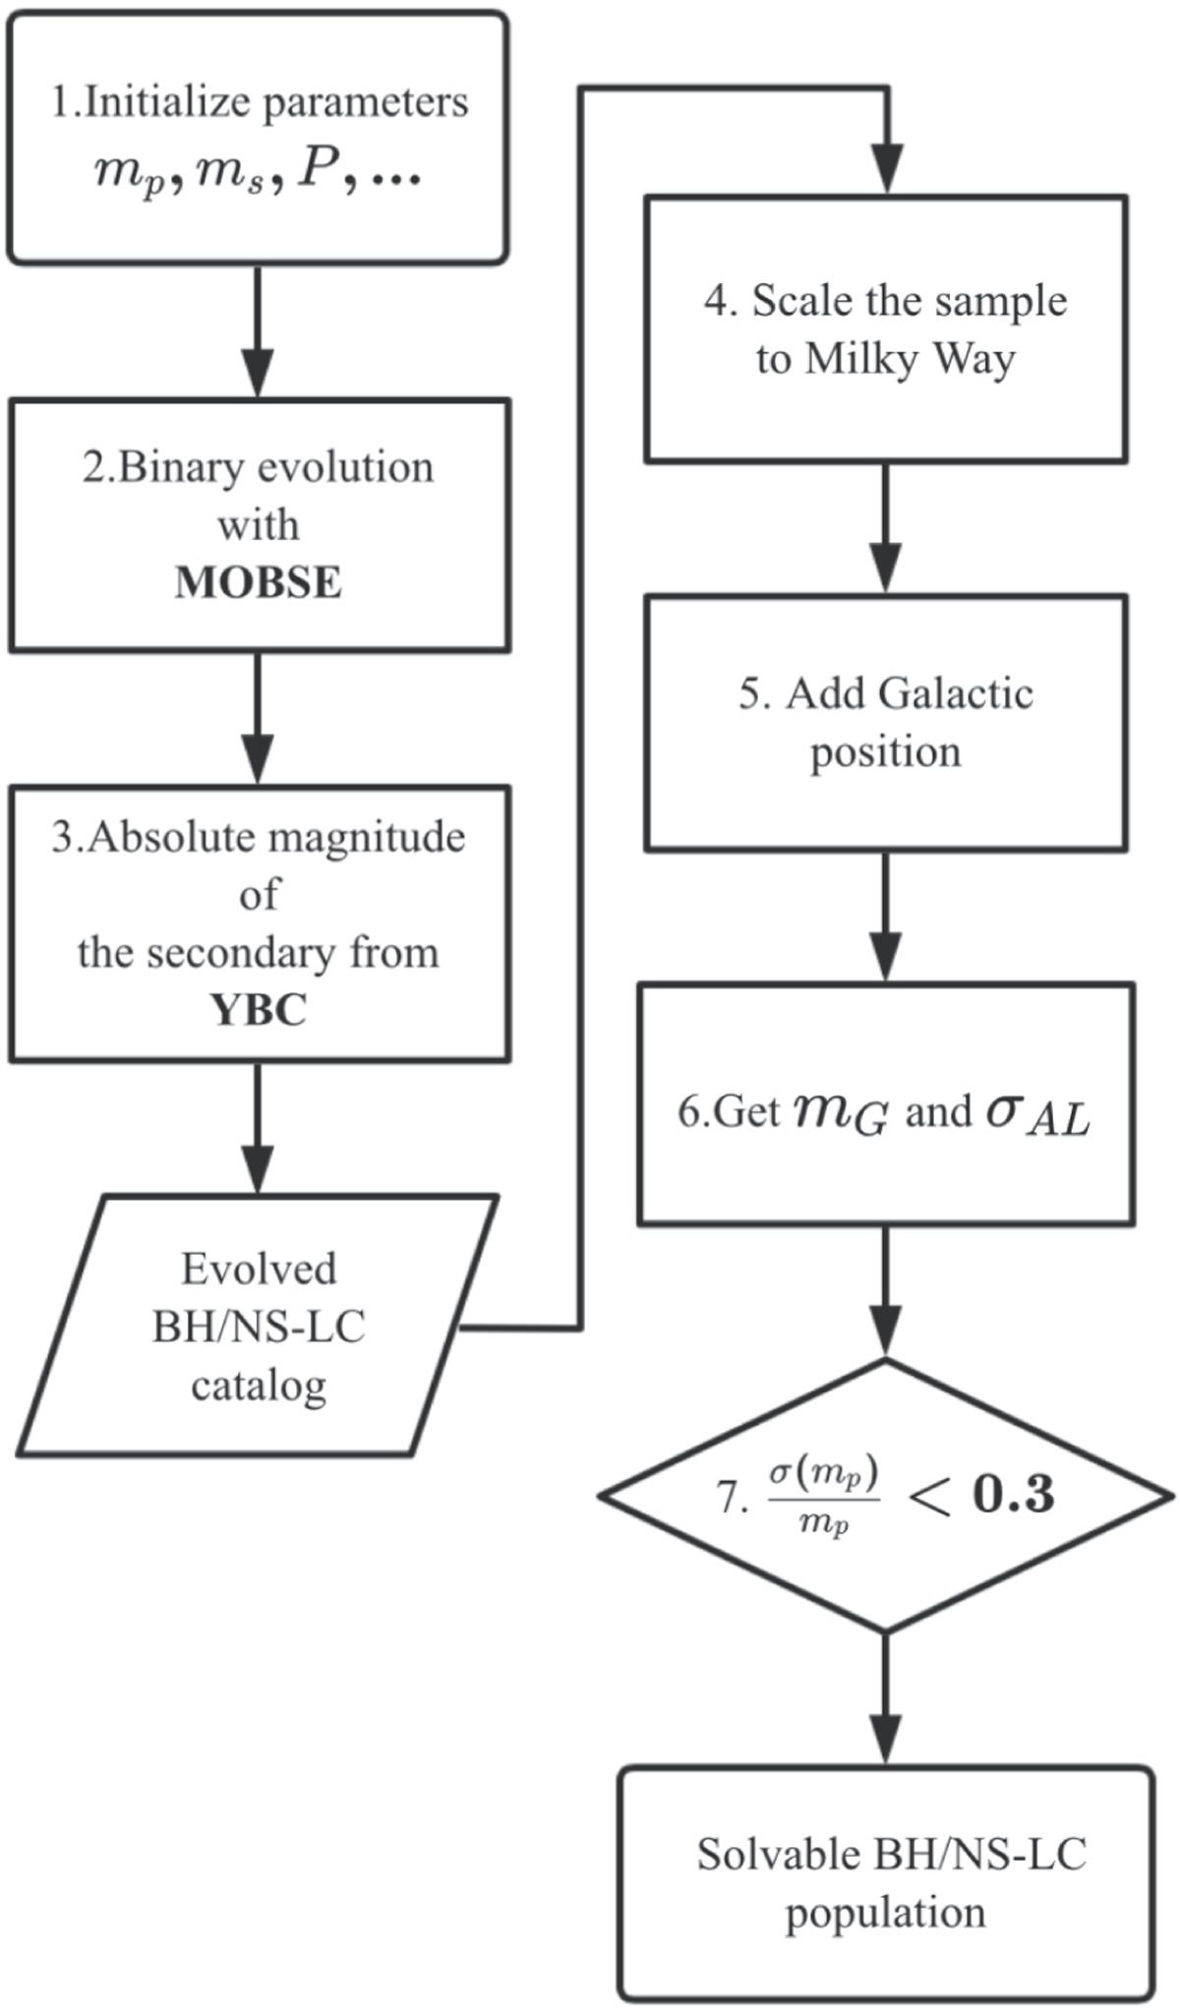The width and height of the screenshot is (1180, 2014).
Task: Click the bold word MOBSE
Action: [x=259, y=582]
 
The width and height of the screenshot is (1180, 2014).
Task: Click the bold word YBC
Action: [x=259, y=1010]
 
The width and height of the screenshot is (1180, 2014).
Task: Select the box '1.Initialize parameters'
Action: [x=258, y=138]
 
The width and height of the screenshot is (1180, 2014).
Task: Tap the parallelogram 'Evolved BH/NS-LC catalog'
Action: [x=258, y=1326]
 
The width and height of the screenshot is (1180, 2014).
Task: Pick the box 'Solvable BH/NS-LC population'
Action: [x=886, y=1883]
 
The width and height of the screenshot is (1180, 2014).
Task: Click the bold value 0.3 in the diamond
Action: [x=1013, y=1494]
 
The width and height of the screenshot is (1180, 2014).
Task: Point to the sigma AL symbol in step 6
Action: [x=1037, y=1114]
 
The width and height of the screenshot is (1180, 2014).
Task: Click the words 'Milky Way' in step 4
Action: [x=911, y=359]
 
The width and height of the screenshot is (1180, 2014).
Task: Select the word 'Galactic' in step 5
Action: [x=956, y=693]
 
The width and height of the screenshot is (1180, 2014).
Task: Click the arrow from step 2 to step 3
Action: [x=258, y=718]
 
